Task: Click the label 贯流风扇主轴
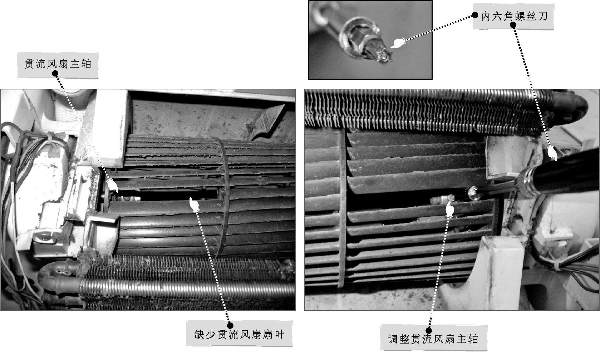58,64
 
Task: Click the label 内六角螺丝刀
514,16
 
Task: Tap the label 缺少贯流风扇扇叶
239,335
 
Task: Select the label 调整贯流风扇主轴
433,339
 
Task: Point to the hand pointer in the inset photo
398,43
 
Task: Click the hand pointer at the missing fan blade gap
195,204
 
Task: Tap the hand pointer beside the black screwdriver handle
552,154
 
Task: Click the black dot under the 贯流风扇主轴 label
56,74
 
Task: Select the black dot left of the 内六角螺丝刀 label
475,15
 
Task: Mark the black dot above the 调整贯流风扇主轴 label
429,330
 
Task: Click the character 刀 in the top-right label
543,16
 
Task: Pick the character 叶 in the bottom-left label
280,335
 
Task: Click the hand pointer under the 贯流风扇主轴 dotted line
113,185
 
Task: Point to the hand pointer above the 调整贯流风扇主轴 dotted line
450,209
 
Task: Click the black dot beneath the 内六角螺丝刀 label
513,25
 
